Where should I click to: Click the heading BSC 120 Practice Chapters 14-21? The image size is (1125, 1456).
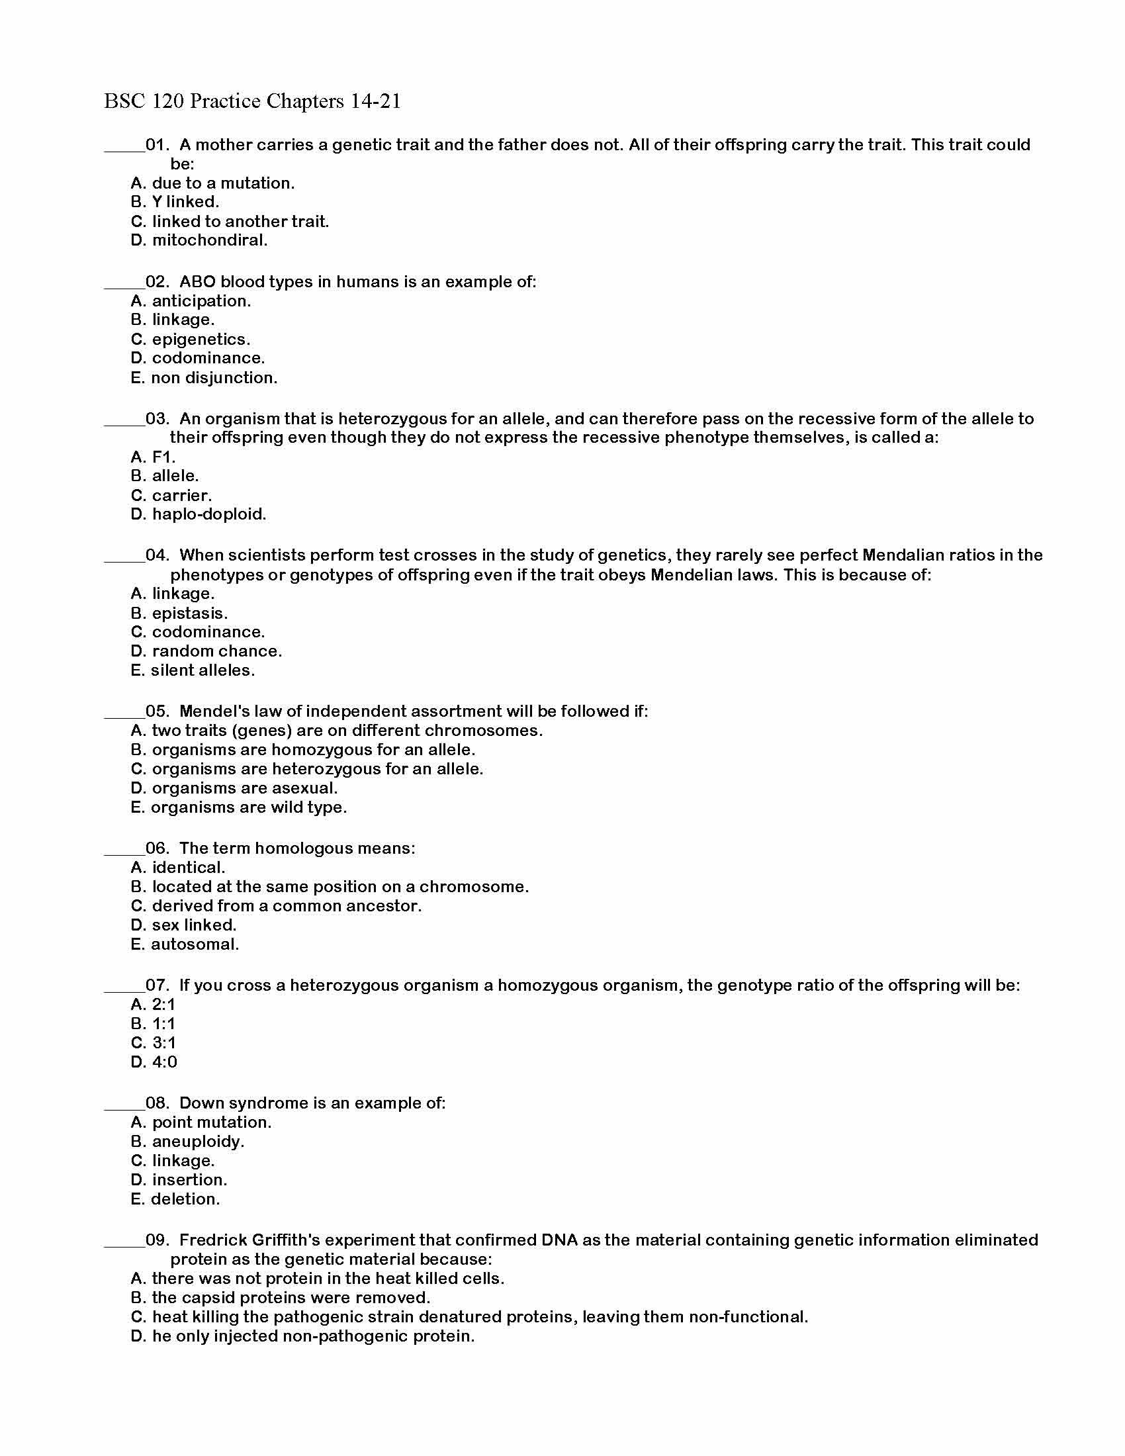[x=252, y=101]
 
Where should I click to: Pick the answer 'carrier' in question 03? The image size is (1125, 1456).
[x=181, y=495]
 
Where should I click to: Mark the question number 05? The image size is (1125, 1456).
[x=157, y=711]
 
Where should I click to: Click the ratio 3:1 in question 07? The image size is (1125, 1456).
[x=163, y=1042]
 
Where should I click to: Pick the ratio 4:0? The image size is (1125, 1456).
[x=164, y=1062]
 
